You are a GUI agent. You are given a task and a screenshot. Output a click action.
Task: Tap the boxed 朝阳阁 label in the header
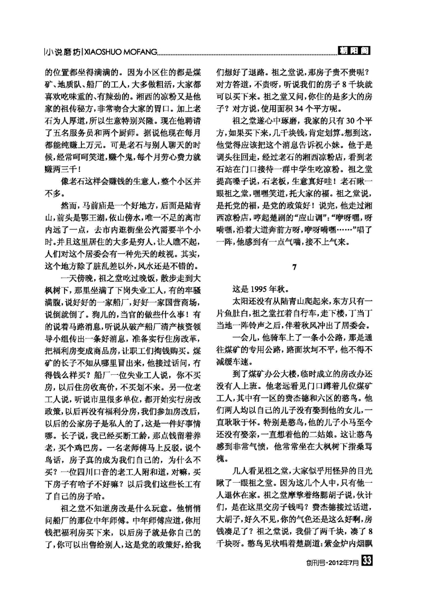(x=354, y=51)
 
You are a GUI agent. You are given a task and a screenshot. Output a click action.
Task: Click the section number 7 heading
(x=295, y=268)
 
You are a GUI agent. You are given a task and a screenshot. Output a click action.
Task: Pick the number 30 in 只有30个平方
(x=341, y=120)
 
